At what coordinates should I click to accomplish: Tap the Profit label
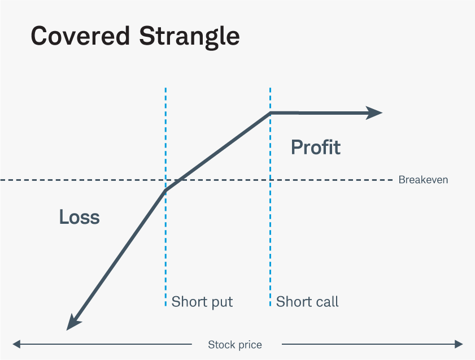coord(316,148)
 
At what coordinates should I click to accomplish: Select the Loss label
coord(79,217)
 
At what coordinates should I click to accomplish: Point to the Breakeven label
coord(423,180)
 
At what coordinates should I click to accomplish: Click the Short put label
coord(202,302)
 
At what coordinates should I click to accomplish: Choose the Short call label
coord(307,302)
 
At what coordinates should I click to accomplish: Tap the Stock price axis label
coord(235,345)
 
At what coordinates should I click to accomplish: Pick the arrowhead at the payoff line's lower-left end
coord(72,323)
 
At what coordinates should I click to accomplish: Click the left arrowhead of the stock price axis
coord(17,344)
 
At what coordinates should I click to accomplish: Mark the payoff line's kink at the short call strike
coord(271,113)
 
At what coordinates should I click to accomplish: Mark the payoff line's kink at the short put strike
coord(165,190)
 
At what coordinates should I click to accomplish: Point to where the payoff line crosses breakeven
coord(178,180)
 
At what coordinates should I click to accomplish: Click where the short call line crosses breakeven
coord(271,180)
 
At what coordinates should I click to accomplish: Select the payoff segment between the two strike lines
coord(220,150)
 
